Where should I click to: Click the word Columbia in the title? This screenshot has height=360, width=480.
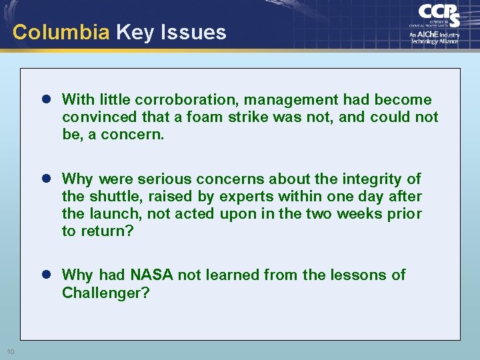(x=61, y=32)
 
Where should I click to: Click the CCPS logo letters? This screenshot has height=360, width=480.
(x=438, y=15)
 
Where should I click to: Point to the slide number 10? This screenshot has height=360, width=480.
(x=10, y=351)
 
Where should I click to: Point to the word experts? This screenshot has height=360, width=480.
(x=267, y=197)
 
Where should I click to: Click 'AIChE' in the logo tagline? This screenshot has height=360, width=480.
(x=433, y=34)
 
